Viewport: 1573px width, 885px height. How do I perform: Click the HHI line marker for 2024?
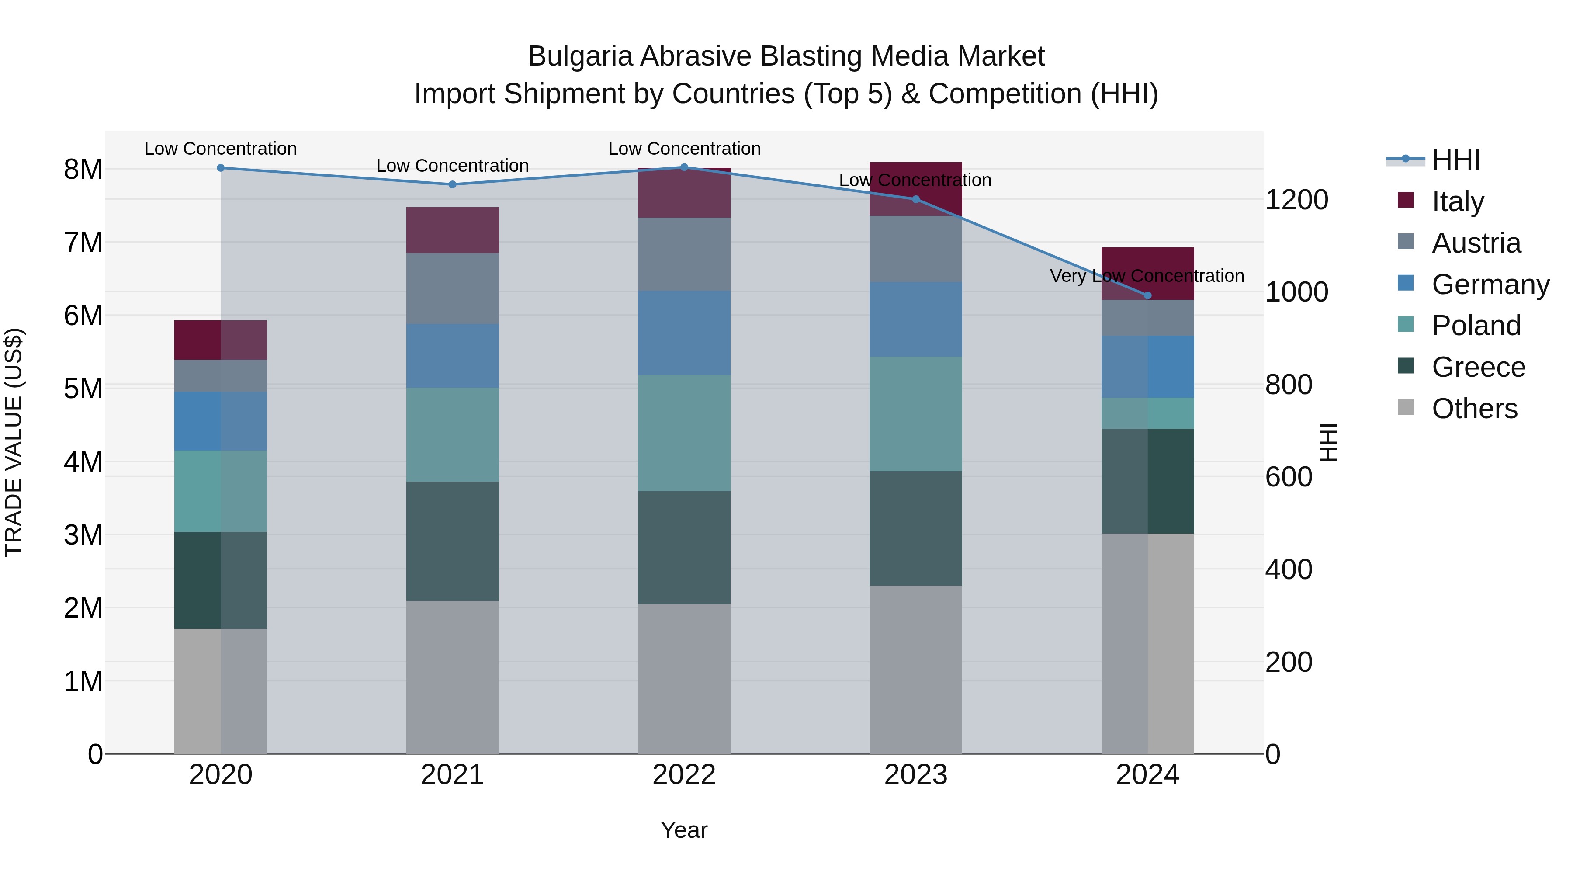tap(1147, 295)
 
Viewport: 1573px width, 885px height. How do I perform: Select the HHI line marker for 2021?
tap(453, 184)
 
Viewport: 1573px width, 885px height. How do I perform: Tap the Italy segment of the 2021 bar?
tap(453, 230)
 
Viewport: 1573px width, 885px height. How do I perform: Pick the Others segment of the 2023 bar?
tap(915, 670)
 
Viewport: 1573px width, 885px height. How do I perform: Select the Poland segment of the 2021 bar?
tap(453, 434)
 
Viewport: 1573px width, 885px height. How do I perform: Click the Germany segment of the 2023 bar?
tap(915, 319)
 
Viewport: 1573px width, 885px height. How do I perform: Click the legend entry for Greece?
tap(1478, 367)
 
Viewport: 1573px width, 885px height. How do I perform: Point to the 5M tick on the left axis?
tap(83, 389)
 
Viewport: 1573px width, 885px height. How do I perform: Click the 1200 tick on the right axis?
tap(1296, 200)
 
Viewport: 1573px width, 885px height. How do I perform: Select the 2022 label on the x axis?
tap(684, 775)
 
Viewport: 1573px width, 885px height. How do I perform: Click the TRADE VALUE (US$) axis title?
tap(14, 442)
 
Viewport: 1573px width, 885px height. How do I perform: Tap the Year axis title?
tap(684, 830)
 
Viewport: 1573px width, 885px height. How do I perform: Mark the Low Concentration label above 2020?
tap(221, 149)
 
